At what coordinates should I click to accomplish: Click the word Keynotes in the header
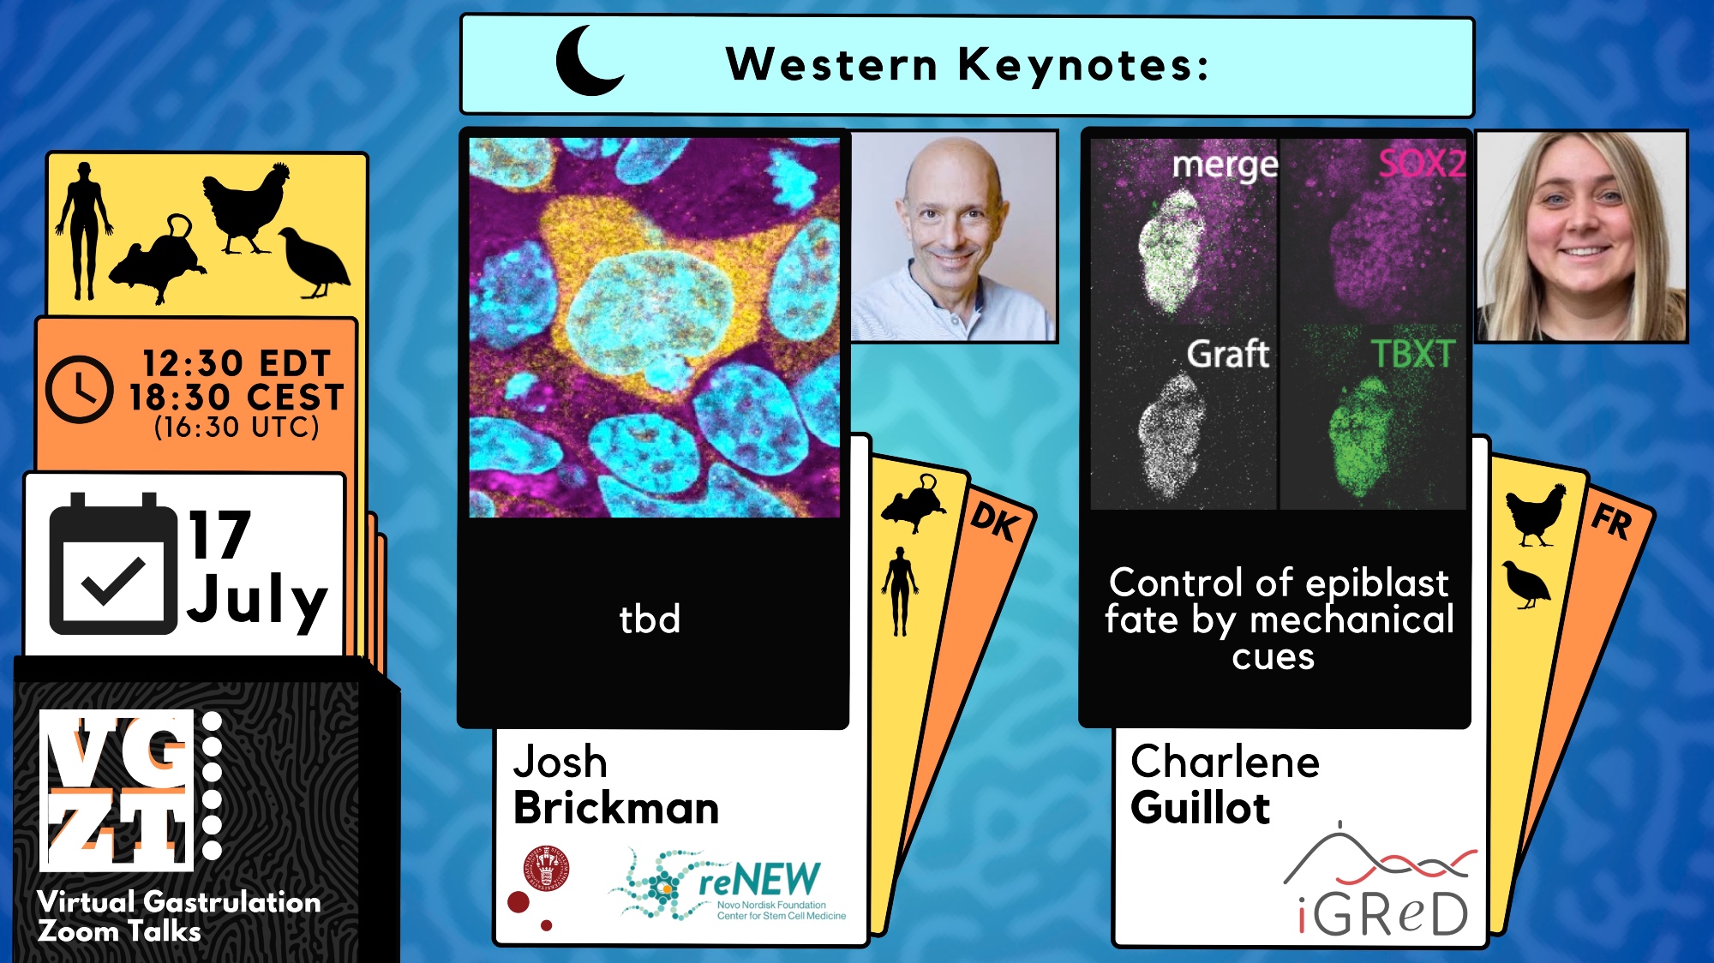pyautogui.click(x=1083, y=65)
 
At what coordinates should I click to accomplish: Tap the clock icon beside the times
pyautogui.click(x=79, y=390)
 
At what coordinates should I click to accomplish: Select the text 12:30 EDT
pyautogui.click(x=237, y=363)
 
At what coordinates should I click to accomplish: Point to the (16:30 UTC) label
pyautogui.click(x=237, y=427)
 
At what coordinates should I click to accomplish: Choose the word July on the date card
pyautogui.click(x=257, y=599)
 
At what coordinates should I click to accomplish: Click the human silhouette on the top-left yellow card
pyautogui.click(x=83, y=231)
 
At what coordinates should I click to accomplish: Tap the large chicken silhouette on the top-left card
pyautogui.click(x=246, y=208)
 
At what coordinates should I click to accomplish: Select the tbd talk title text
pyautogui.click(x=650, y=619)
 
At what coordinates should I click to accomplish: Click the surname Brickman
pyautogui.click(x=616, y=808)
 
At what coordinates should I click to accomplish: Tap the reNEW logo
pyautogui.click(x=727, y=884)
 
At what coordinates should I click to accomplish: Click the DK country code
pyautogui.click(x=995, y=521)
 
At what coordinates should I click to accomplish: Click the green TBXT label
pyautogui.click(x=1413, y=353)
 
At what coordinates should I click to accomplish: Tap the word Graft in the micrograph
pyautogui.click(x=1227, y=353)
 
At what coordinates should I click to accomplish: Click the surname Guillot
pyautogui.click(x=1200, y=808)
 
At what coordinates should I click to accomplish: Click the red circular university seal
pyautogui.click(x=548, y=868)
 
